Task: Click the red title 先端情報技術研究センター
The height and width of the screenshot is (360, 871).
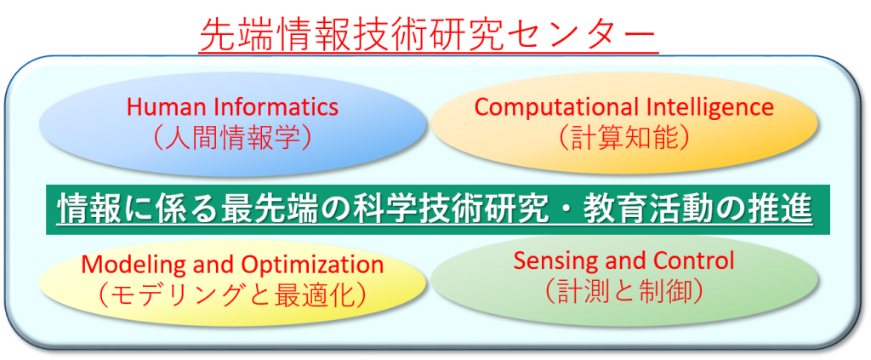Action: point(428,33)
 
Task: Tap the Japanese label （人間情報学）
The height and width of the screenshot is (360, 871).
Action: point(233,139)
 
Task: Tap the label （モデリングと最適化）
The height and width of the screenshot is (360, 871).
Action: point(232,296)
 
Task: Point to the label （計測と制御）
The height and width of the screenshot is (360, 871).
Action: point(624,291)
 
